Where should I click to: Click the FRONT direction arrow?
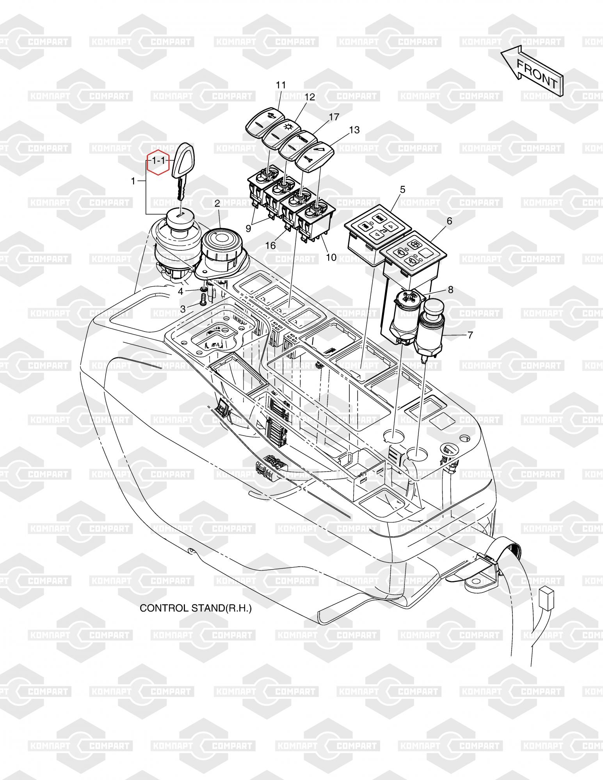tap(532, 70)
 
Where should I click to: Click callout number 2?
tap(217, 203)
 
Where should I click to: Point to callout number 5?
tap(402, 190)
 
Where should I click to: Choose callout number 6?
tap(449, 221)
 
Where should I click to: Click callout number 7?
tap(470, 335)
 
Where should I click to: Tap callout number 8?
tap(451, 290)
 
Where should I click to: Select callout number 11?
tap(281, 85)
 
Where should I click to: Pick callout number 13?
tap(354, 129)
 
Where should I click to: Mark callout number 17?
tap(334, 117)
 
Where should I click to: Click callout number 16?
tap(270, 245)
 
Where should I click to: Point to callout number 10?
tap(331, 257)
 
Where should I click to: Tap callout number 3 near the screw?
tap(183, 309)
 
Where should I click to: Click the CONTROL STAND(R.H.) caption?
tap(196, 608)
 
